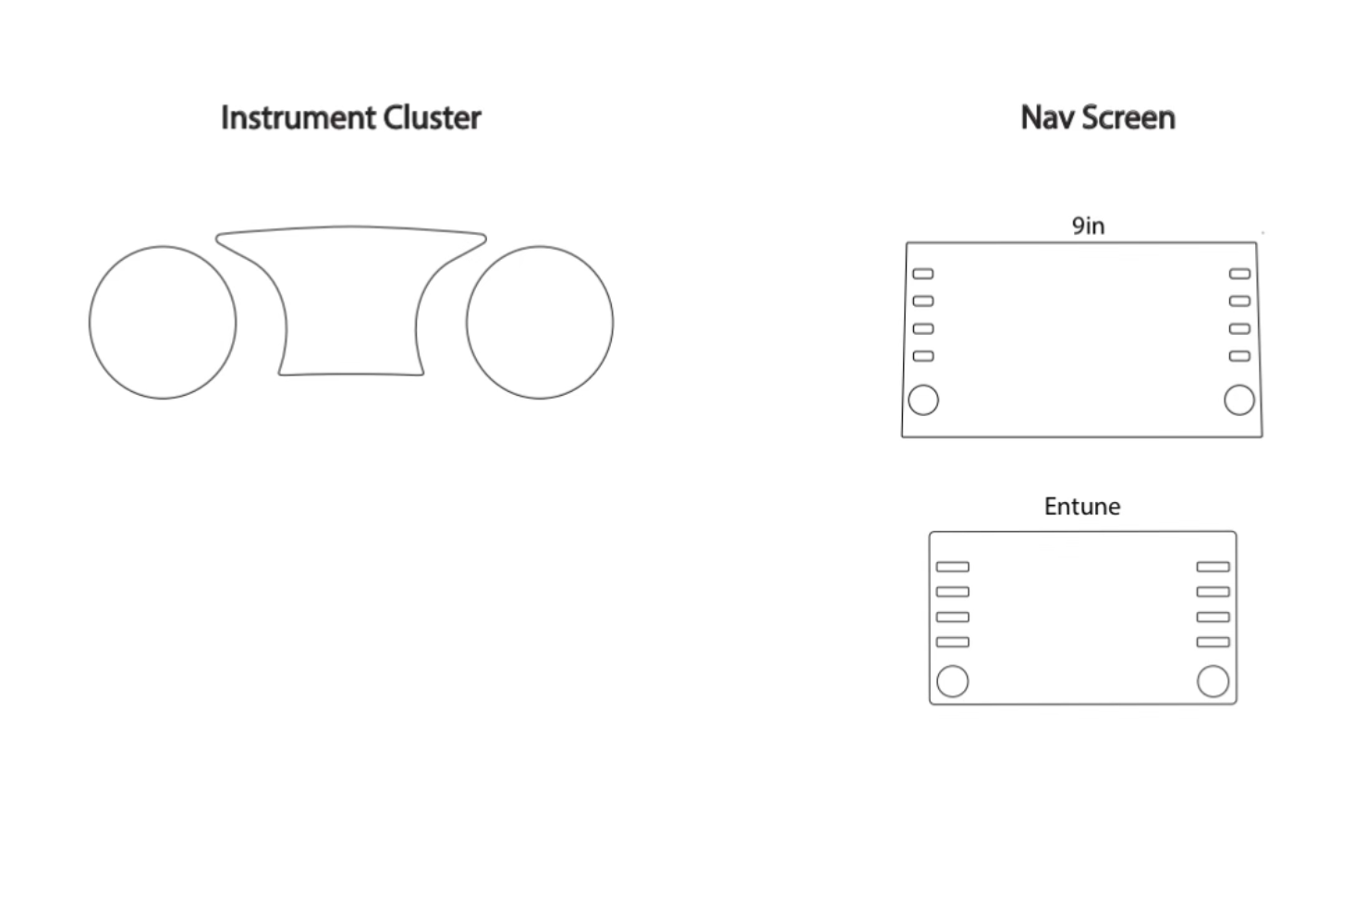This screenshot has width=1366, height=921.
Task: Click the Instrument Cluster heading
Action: (x=350, y=118)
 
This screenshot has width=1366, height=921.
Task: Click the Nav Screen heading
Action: (x=1097, y=118)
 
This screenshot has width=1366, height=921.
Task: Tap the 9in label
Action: (x=1088, y=226)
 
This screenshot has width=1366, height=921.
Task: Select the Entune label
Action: (x=1081, y=507)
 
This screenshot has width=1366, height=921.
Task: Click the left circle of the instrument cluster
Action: (x=163, y=323)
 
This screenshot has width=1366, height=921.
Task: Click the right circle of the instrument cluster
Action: (x=540, y=323)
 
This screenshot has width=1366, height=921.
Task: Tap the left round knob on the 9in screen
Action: (x=923, y=400)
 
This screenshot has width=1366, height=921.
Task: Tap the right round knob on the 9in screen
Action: (x=1239, y=400)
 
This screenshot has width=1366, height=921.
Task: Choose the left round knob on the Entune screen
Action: (x=953, y=682)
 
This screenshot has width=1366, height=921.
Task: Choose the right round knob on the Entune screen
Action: (x=1213, y=682)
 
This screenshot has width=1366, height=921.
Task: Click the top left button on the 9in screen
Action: (x=923, y=274)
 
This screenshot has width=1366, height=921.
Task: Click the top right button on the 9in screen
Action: (x=1239, y=274)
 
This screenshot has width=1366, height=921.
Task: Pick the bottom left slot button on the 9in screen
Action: (x=923, y=356)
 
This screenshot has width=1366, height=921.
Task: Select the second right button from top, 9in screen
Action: (x=1239, y=301)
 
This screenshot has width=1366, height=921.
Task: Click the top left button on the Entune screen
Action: (x=953, y=567)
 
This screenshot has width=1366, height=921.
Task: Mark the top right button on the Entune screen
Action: (x=1213, y=567)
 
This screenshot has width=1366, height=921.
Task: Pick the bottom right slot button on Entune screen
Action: (x=1213, y=642)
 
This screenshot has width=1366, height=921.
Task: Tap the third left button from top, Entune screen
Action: (x=953, y=617)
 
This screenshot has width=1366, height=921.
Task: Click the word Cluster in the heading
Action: (x=432, y=118)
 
